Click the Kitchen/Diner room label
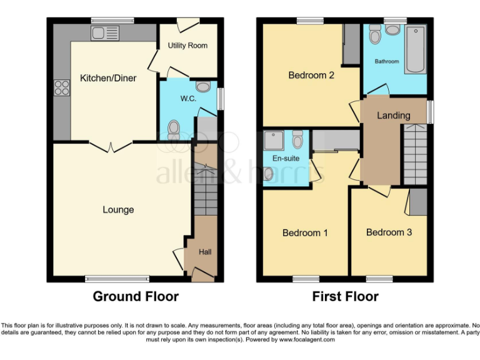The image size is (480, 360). point(108,78)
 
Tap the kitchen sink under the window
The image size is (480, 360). point(104,32)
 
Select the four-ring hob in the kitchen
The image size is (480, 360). point(62,88)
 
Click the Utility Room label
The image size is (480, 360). point(187,46)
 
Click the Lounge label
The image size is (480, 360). point(118,209)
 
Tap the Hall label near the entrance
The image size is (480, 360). point(205,252)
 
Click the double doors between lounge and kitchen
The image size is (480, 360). point(111,146)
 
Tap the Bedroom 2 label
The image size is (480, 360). point(311,76)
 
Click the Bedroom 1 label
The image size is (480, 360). point(305,232)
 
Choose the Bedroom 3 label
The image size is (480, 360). point(389,232)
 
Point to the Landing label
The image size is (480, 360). point(393,115)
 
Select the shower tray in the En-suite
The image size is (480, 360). point(274,140)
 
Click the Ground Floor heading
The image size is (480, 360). point(136,296)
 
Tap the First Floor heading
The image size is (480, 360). point(345,296)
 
